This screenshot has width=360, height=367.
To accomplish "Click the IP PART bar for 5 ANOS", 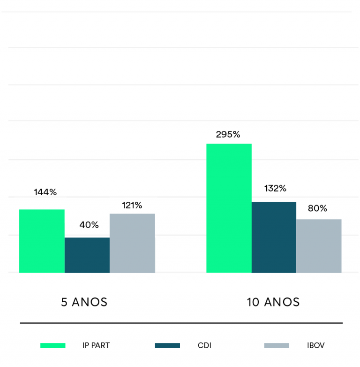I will click(x=42, y=241).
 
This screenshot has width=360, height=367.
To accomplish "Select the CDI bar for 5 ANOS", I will click(x=87, y=255).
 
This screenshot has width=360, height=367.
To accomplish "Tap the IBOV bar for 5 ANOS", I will click(x=132, y=243).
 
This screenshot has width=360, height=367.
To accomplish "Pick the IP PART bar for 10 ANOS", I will click(x=229, y=208).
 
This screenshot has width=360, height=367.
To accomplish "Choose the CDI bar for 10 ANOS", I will click(x=274, y=237).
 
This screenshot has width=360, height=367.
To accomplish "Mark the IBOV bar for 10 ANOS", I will click(x=319, y=245).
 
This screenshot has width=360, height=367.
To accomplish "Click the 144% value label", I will click(x=45, y=192).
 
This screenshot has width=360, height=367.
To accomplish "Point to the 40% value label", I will click(x=89, y=225).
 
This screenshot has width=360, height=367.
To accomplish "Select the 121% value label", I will click(x=132, y=205).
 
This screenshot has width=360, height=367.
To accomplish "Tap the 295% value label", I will click(x=228, y=134).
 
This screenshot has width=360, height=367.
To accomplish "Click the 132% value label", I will click(x=275, y=188).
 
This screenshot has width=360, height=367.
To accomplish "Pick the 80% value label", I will click(x=317, y=208).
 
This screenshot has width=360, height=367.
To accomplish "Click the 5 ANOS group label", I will click(x=84, y=302).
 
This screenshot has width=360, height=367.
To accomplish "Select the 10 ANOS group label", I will click(x=273, y=302).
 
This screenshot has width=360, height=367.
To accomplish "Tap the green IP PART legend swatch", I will click(x=52, y=345).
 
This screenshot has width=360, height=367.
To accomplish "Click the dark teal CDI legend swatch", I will click(x=167, y=345).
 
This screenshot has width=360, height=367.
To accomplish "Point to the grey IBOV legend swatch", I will click(x=277, y=345).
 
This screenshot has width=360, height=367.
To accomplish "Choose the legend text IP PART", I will click(x=96, y=345).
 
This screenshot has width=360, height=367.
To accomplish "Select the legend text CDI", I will click(x=204, y=345).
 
